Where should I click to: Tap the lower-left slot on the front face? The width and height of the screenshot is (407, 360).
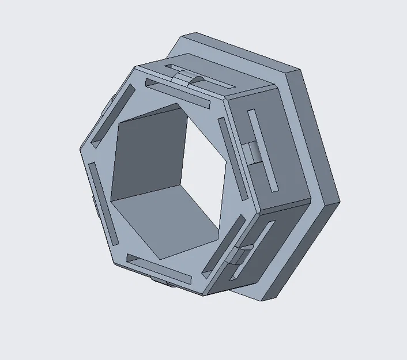[103, 202]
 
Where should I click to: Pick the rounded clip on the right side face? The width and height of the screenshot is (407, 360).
[251, 153]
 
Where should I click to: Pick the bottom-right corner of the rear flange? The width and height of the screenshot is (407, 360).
[276, 300]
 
